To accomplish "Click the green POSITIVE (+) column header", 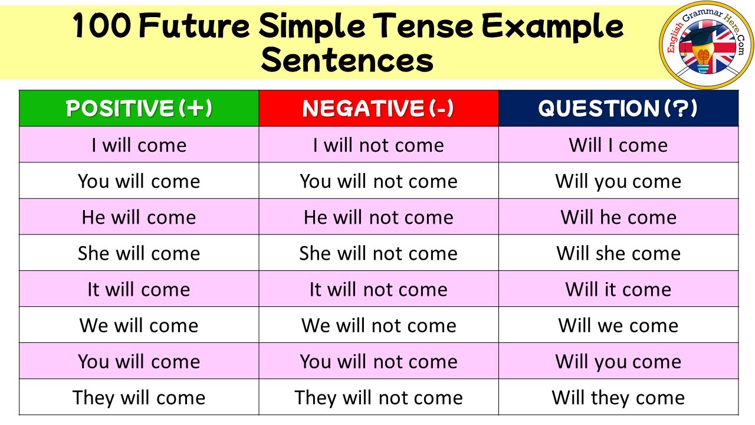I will click(x=139, y=109).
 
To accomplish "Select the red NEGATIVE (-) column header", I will click(x=378, y=109).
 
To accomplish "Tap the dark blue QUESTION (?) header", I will click(x=618, y=109).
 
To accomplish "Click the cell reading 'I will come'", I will click(x=139, y=145).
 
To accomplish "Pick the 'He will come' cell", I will click(x=139, y=217).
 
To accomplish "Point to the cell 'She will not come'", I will click(x=378, y=253).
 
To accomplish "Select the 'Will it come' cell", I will click(x=618, y=289).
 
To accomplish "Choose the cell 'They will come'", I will click(x=139, y=397).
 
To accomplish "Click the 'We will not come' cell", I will click(x=378, y=325).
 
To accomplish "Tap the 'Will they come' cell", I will click(x=618, y=397).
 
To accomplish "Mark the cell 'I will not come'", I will click(x=378, y=145).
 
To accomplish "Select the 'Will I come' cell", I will click(x=618, y=145).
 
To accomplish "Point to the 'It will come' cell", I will click(x=139, y=289).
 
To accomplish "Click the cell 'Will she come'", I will click(x=618, y=253).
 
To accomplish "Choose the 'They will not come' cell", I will click(x=378, y=397).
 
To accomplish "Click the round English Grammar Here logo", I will click(x=706, y=45).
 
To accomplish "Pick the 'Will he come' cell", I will click(x=618, y=217).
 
